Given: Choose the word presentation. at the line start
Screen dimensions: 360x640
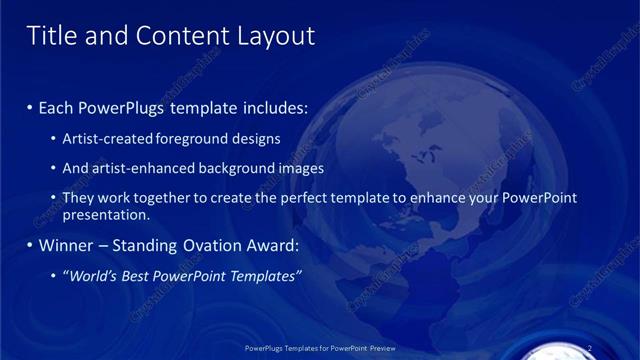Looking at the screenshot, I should (106, 215).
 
